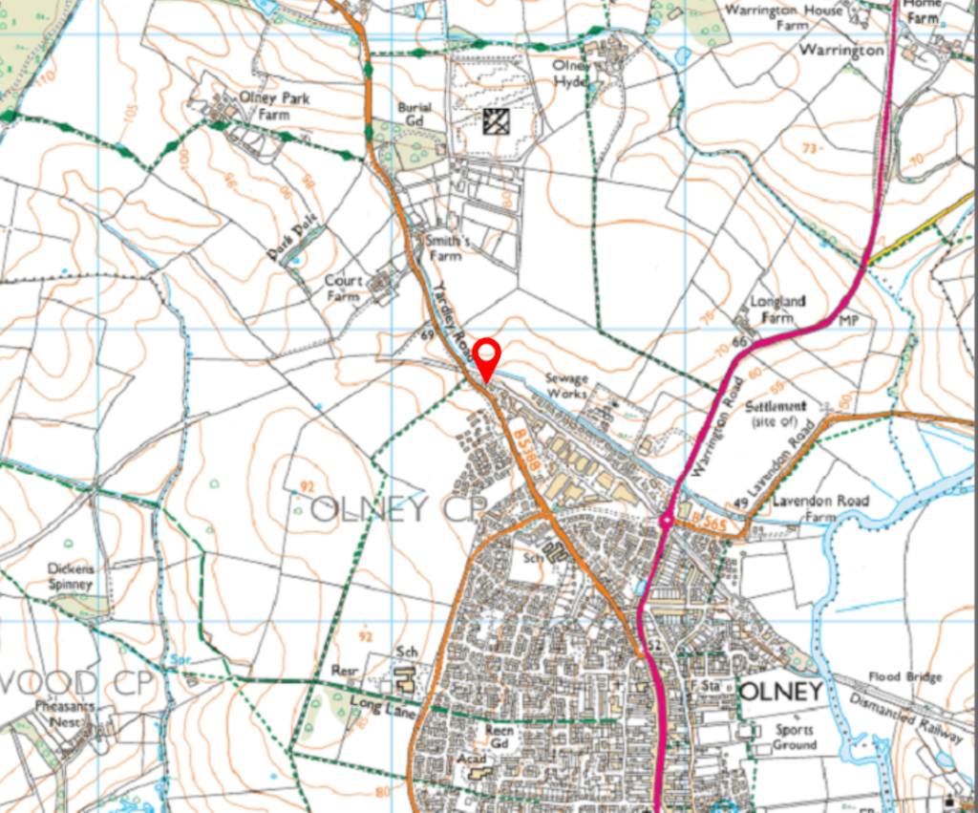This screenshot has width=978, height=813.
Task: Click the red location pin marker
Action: coord(488,355)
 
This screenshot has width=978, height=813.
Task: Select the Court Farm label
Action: coord(344,289)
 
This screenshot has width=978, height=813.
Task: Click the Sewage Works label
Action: coord(566,386)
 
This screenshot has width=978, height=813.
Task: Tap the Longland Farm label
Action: coord(777,309)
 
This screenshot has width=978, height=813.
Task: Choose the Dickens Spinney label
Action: coord(71,576)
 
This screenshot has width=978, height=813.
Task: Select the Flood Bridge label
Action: coord(904,677)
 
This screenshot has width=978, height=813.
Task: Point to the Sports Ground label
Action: coord(795,737)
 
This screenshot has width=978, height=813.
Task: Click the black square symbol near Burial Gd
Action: coord(497,120)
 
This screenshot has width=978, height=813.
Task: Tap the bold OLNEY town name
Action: coord(780,691)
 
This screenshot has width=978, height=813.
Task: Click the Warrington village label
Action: coord(841,51)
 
